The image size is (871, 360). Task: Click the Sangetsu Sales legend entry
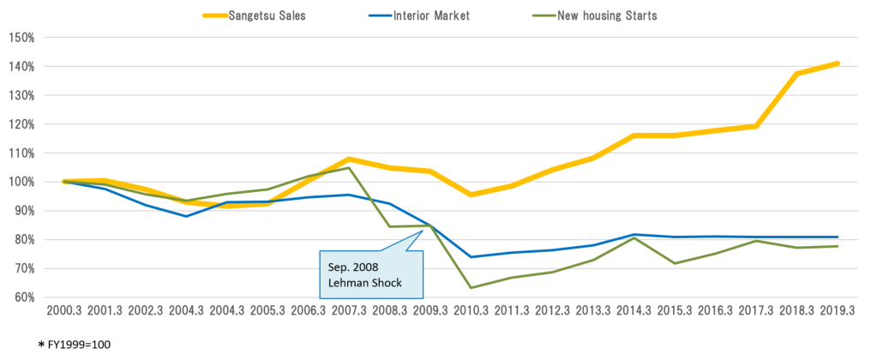click(x=254, y=15)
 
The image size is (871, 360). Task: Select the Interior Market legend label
click(x=419, y=15)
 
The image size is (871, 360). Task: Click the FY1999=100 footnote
click(x=75, y=345)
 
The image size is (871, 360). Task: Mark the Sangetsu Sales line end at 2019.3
click(x=837, y=63)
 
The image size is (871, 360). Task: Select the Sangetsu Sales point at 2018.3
click(x=796, y=74)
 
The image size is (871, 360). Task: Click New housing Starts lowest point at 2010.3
click(x=471, y=287)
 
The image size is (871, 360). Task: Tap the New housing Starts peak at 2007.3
click(x=349, y=168)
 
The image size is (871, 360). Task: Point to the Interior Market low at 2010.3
click(x=471, y=256)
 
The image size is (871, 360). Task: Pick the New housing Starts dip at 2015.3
click(x=675, y=263)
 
